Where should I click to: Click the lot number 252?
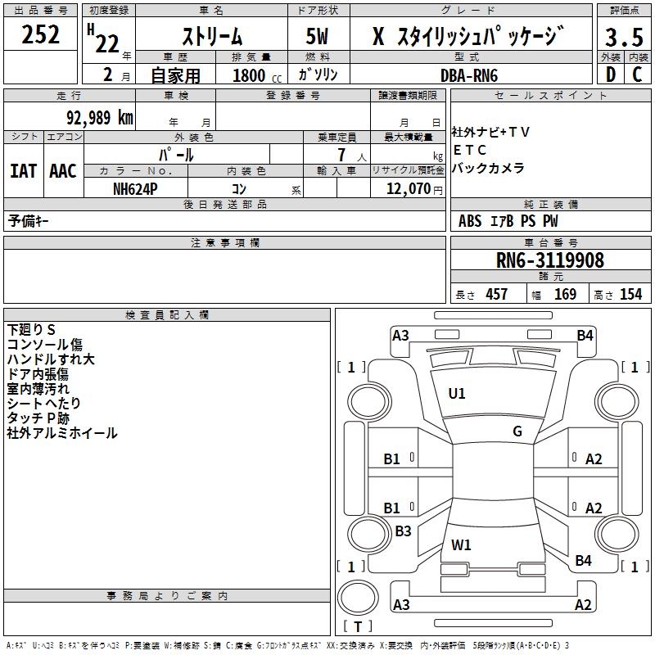pos(41,35)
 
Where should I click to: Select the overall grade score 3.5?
pos(623,37)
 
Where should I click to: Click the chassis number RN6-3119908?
pos(549,260)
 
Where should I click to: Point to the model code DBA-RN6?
pos(470,74)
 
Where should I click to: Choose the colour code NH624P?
pos(136,187)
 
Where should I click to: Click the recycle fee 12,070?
pos(408,187)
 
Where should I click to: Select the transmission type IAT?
pos(23,171)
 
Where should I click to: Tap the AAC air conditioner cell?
pos(63,171)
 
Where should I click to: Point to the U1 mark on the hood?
pos(456,394)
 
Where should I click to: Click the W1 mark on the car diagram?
pos(461,544)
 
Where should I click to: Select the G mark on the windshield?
pos(517,431)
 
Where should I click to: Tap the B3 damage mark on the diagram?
pos(403,531)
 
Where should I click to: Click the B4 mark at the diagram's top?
pos(585,335)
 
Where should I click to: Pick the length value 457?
pos(496,295)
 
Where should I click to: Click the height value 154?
pos(630,295)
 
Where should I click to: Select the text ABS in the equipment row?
pos(470,221)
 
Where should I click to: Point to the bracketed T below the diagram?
pos(358,626)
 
